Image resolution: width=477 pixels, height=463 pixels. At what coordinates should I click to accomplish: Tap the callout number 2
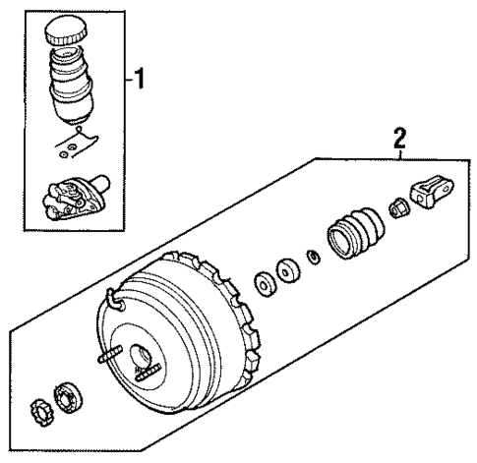pyautogui.click(x=399, y=142)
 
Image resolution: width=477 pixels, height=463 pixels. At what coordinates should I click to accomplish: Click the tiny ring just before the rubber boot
pyautogui.click(x=313, y=258)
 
